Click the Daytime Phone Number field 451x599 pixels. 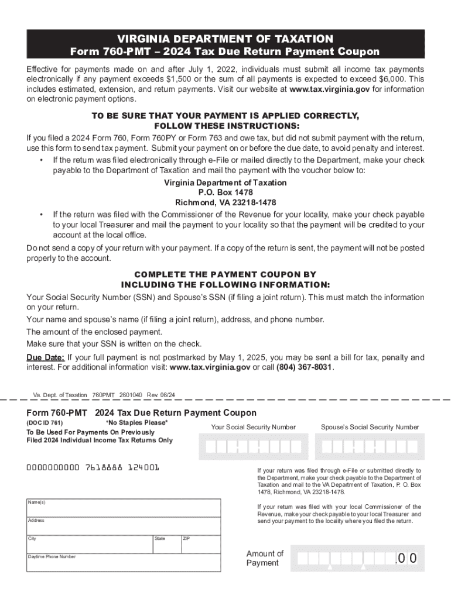pyautogui.click(x=123, y=563)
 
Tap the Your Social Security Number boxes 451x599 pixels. pyautogui.click(x=253, y=447)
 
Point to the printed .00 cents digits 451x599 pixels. pyautogui.click(x=406, y=559)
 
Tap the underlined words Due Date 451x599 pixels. pyautogui.click(x=45, y=357)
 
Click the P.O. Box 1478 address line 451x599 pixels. pyautogui.click(x=225, y=192)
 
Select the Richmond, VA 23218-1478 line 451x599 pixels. pyautogui.click(x=225, y=203)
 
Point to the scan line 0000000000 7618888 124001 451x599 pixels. pyautogui.click(x=93, y=468)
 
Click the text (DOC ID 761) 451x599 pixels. pyautogui.click(x=45, y=422)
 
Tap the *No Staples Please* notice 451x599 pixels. pyautogui.click(x=136, y=422)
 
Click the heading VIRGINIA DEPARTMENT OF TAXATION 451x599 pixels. pyautogui.click(x=225, y=39)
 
